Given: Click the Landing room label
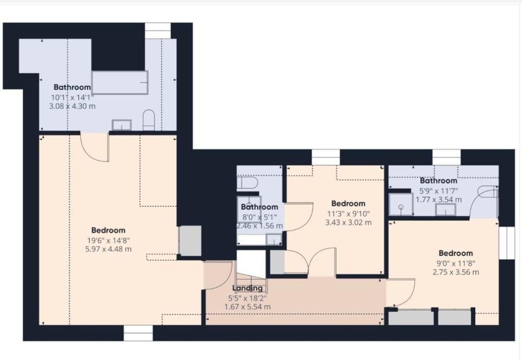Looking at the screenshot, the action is pos(247,288).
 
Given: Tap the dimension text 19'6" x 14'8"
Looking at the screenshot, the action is pos(109,240).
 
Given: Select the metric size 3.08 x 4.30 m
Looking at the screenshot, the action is pos(72,106).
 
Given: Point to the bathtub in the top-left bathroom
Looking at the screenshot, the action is pos(120,83).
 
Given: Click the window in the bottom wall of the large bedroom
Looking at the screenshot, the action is pos(138,333).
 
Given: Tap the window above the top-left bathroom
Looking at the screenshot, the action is pos(158,30).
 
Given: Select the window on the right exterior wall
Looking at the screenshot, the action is pos(506,243).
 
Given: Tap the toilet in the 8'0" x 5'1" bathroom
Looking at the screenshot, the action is pos(247,183).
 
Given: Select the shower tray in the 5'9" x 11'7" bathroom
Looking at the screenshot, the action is pos(401,204).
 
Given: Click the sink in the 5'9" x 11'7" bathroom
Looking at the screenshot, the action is pos(445,210).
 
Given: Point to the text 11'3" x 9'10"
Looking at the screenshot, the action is pos(348,214).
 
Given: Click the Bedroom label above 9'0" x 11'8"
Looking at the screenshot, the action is pos(456,253).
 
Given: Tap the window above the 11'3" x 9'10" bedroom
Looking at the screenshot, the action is pos(326,157).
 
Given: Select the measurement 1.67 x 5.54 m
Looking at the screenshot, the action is pos(247,307).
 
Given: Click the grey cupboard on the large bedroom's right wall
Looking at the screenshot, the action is pos(190,241).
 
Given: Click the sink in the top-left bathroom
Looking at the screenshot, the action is pos(121,125).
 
